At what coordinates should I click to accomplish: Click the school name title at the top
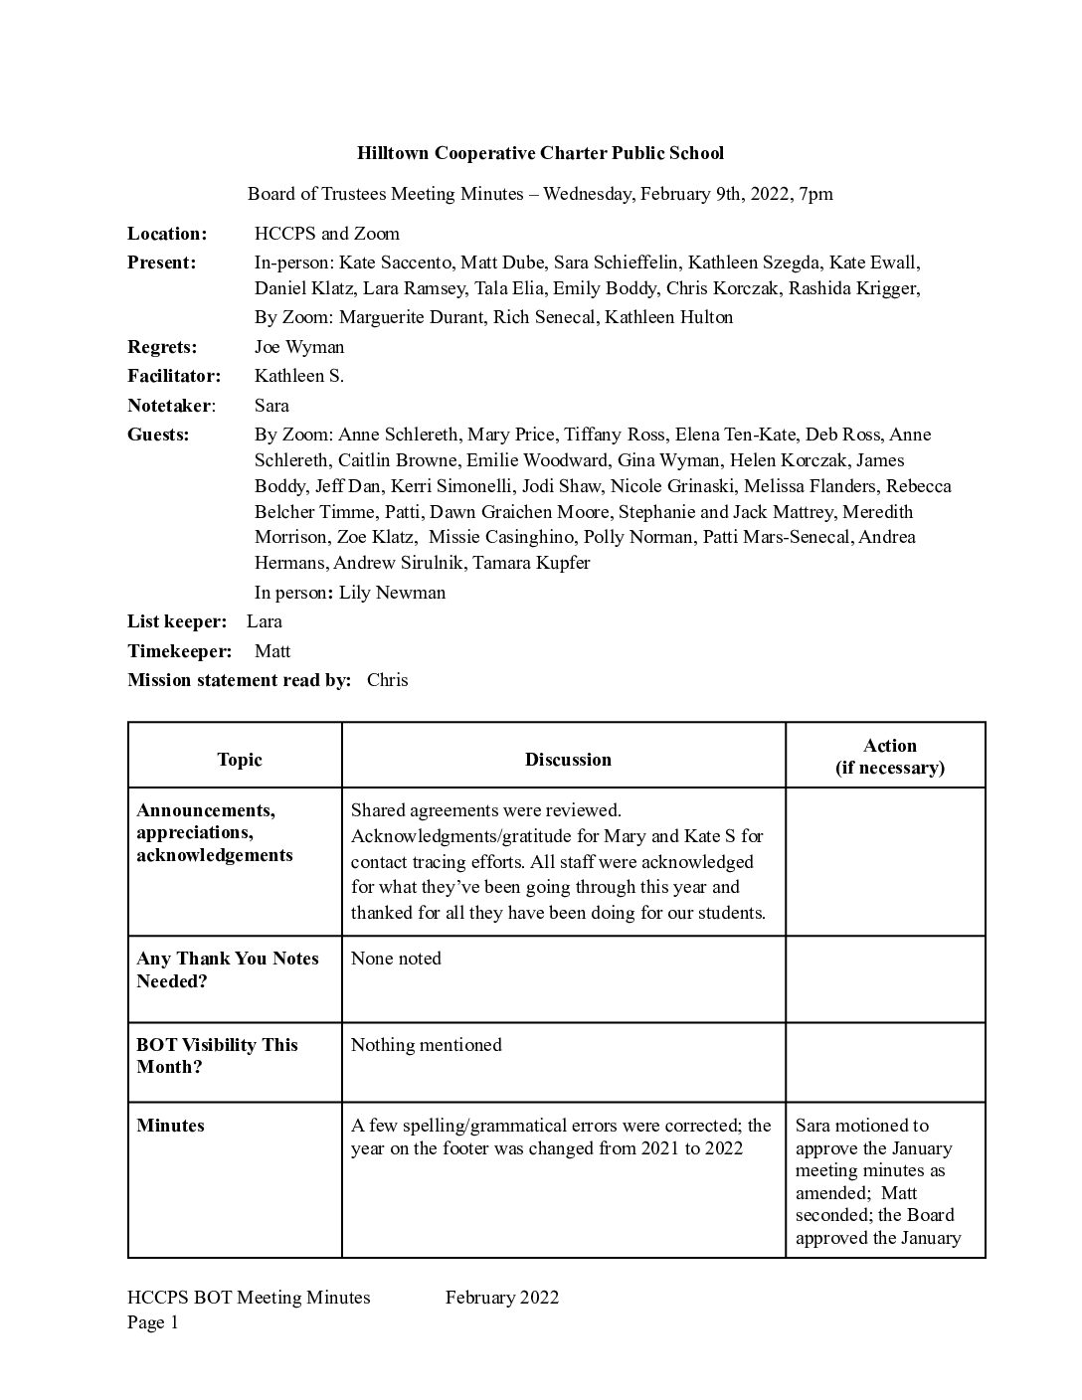540,153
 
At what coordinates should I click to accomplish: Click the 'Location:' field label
167,234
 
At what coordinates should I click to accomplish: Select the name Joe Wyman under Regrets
299,347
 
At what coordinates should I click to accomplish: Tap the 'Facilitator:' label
173,376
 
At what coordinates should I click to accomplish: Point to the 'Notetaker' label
169,406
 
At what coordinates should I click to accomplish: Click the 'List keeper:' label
177,621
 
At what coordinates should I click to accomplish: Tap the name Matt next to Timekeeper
272,651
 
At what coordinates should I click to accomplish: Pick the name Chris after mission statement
387,680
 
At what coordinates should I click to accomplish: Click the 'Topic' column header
239,760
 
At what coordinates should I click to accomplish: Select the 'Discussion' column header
568,760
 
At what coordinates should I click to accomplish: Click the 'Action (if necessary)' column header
889,757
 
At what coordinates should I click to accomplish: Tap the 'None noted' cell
396,959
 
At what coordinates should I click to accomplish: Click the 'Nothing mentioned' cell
426,1045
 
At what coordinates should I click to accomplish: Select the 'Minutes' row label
170,1126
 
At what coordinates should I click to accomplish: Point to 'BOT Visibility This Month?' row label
217,1056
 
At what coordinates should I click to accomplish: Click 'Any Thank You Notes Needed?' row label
227,969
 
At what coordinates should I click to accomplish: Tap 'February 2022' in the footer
501,1298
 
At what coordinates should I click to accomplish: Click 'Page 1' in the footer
152,1322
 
